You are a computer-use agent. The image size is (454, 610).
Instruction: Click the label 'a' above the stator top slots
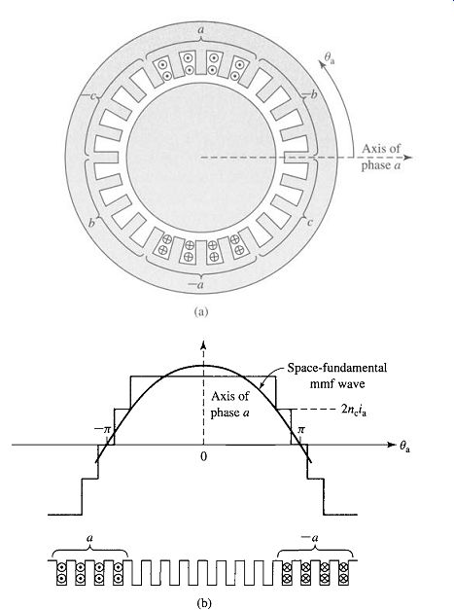tap(201, 29)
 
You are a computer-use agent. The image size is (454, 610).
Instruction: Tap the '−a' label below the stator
tap(195, 285)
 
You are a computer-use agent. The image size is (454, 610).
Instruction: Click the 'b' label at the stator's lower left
tap(91, 223)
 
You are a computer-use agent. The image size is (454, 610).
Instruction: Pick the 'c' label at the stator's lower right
tap(310, 223)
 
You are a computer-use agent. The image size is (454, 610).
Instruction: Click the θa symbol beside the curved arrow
tap(330, 58)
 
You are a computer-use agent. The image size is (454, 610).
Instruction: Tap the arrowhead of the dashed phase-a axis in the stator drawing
tap(407, 158)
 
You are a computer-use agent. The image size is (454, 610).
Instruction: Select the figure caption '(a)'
tap(200, 311)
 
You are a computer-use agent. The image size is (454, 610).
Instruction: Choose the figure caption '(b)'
tap(204, 603)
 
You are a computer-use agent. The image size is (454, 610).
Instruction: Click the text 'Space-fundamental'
tap(337, 368)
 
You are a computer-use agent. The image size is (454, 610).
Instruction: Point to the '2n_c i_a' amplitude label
tap(353, 411)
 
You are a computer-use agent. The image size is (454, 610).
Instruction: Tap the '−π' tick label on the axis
tap(103, 430)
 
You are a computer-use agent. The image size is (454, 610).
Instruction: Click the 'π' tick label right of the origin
tap(301, 430)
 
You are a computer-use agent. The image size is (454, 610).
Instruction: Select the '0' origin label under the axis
tap(204, 456)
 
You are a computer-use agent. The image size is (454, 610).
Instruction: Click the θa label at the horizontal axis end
tap(404, 448)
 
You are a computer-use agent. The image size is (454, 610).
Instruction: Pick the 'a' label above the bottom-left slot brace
tap(89, 538)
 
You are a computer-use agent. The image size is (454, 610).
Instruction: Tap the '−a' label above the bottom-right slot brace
tap(310, 538)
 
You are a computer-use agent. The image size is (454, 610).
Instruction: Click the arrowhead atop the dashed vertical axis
tap(203, 343)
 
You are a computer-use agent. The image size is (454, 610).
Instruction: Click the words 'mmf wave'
tap(337, 384)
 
